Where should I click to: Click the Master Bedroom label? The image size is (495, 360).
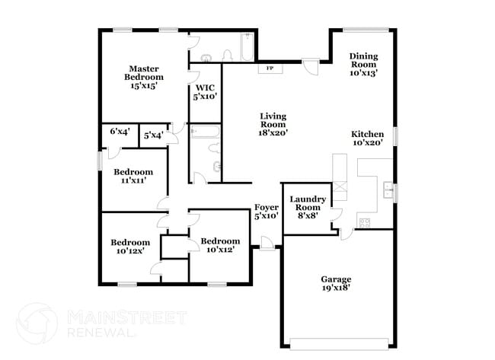[143, 77]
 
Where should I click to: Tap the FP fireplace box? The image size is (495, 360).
[270, 68]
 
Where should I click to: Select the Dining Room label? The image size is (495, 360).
[364, 65]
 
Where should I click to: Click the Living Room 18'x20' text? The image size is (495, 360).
[273, 124]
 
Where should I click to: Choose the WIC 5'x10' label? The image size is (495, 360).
[205, 92]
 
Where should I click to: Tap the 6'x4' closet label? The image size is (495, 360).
[120, 132]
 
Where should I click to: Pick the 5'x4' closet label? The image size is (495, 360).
[154, 135]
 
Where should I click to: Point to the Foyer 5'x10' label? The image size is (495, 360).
[267, 211]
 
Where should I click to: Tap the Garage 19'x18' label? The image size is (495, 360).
[335, 284]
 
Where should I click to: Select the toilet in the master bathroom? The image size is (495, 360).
[226, 55]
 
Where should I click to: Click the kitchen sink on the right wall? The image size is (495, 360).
[388, 189]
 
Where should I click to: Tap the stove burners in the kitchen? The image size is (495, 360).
[363, 221]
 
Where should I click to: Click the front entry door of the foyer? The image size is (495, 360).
[266, 243]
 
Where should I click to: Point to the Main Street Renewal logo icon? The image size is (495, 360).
[37, 322]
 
